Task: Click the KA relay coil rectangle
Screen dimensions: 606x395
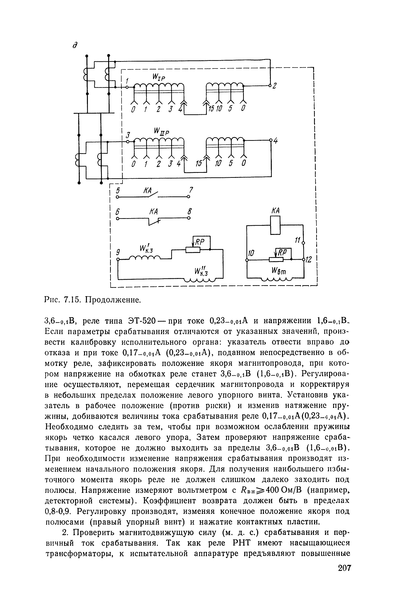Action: (x=275, y=225)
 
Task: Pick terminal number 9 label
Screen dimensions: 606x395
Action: (x=118, y=252)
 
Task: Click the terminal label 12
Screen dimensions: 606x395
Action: (x=309, y=260)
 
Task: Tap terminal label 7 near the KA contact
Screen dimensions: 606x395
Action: (x=191, y=190)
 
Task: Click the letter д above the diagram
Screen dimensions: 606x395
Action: (x=75, y=45)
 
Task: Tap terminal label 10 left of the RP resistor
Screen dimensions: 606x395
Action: (x=251, y=253)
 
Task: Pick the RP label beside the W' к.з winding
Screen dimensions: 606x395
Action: (x=201, y=242)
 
